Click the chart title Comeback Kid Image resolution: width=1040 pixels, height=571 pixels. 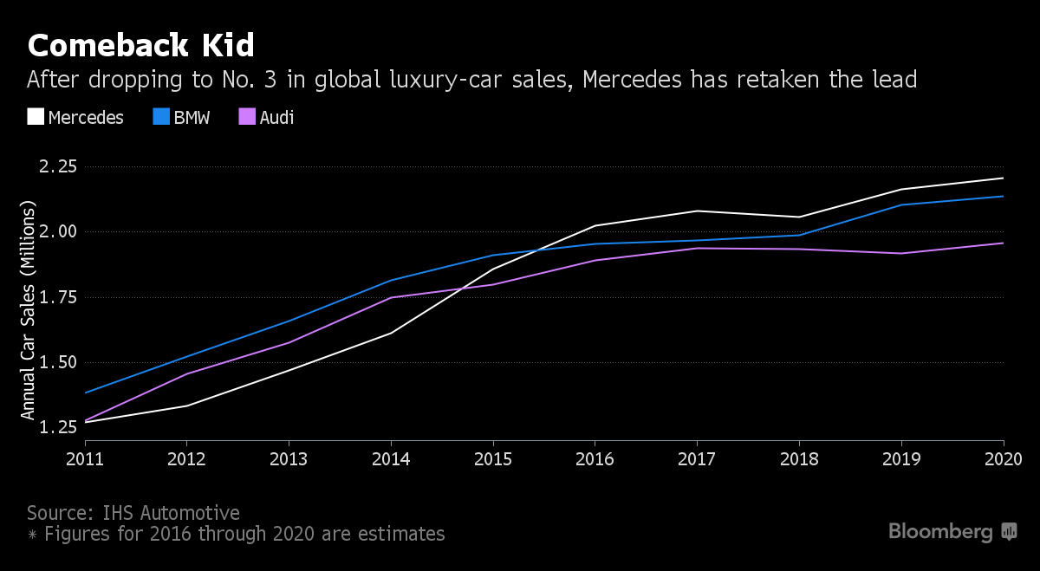tap(140, 44)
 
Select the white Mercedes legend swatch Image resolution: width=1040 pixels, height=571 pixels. tap(35, 117)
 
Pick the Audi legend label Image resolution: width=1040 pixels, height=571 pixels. tap(277, 117)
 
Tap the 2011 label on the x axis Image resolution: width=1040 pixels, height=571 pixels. tap(84, 457)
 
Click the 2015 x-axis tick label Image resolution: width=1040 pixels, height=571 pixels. tap(492, 457)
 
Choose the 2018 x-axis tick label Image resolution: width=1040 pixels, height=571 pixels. tap(799, 457)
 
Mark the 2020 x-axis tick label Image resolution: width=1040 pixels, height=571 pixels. tap(1003, 457)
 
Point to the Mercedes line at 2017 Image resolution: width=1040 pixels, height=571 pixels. tap(698, 211)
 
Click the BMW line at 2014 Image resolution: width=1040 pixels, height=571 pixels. tap(391, 280)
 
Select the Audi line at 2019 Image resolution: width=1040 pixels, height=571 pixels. tap(901, 253)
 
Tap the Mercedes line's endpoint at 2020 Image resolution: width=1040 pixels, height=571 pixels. tap(1003, 178)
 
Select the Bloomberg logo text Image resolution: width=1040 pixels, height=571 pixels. tap(940, 531)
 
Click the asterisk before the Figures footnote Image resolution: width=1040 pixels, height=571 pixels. tap(32, 535)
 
